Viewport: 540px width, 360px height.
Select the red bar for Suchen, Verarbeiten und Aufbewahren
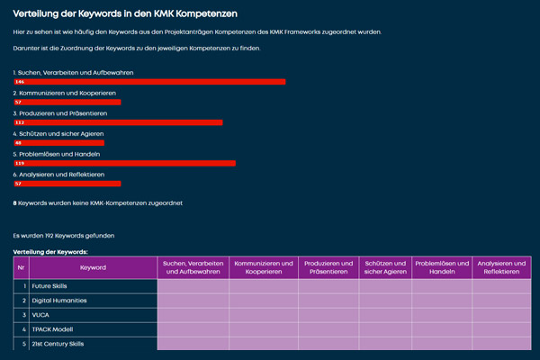[149, 81]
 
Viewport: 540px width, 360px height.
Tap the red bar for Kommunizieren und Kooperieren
[67, 102]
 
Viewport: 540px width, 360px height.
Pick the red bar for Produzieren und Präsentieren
[118, 121]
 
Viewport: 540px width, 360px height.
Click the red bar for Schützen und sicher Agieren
[58, 142]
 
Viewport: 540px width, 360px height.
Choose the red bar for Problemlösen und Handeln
[124, 163]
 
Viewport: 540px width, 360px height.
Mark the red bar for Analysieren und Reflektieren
[67, 183]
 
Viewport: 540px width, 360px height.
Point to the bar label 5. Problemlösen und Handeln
[56, 154]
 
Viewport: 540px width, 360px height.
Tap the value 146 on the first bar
[19, 81]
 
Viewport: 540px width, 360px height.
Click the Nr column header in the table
[21, 267]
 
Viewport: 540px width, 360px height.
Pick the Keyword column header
[93, 267]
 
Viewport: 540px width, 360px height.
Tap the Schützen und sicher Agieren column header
[386, 267]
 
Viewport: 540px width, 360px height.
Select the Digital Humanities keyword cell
[59, 300]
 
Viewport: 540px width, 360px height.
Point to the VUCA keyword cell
[42, 315]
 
